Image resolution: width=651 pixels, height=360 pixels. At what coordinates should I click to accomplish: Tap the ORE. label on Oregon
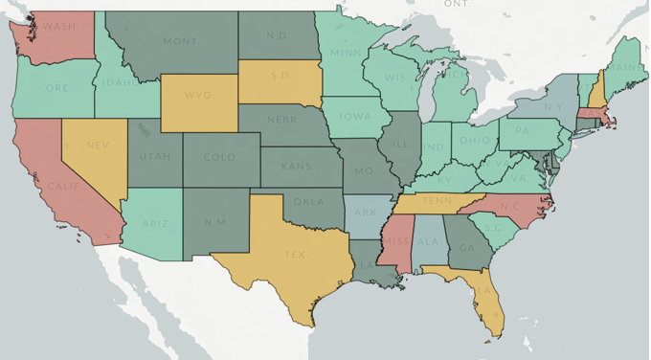56,88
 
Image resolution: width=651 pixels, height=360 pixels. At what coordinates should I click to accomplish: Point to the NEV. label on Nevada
98,145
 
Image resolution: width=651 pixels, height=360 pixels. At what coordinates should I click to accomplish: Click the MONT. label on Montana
181,42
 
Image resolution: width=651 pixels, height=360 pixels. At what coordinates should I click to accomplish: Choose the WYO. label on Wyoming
198,96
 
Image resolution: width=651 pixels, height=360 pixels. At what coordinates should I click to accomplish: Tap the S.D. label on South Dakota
281,75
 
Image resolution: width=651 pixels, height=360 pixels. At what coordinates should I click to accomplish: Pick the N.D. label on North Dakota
278,35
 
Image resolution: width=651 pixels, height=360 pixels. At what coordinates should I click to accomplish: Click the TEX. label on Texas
295,256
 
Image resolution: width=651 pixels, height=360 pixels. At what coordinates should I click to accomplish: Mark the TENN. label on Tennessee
437,201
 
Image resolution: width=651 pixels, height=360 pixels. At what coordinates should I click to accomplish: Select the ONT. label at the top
458,5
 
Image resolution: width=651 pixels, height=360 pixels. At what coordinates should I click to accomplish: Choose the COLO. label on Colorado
219,157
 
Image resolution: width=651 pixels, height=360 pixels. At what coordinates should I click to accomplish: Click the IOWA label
355,118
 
